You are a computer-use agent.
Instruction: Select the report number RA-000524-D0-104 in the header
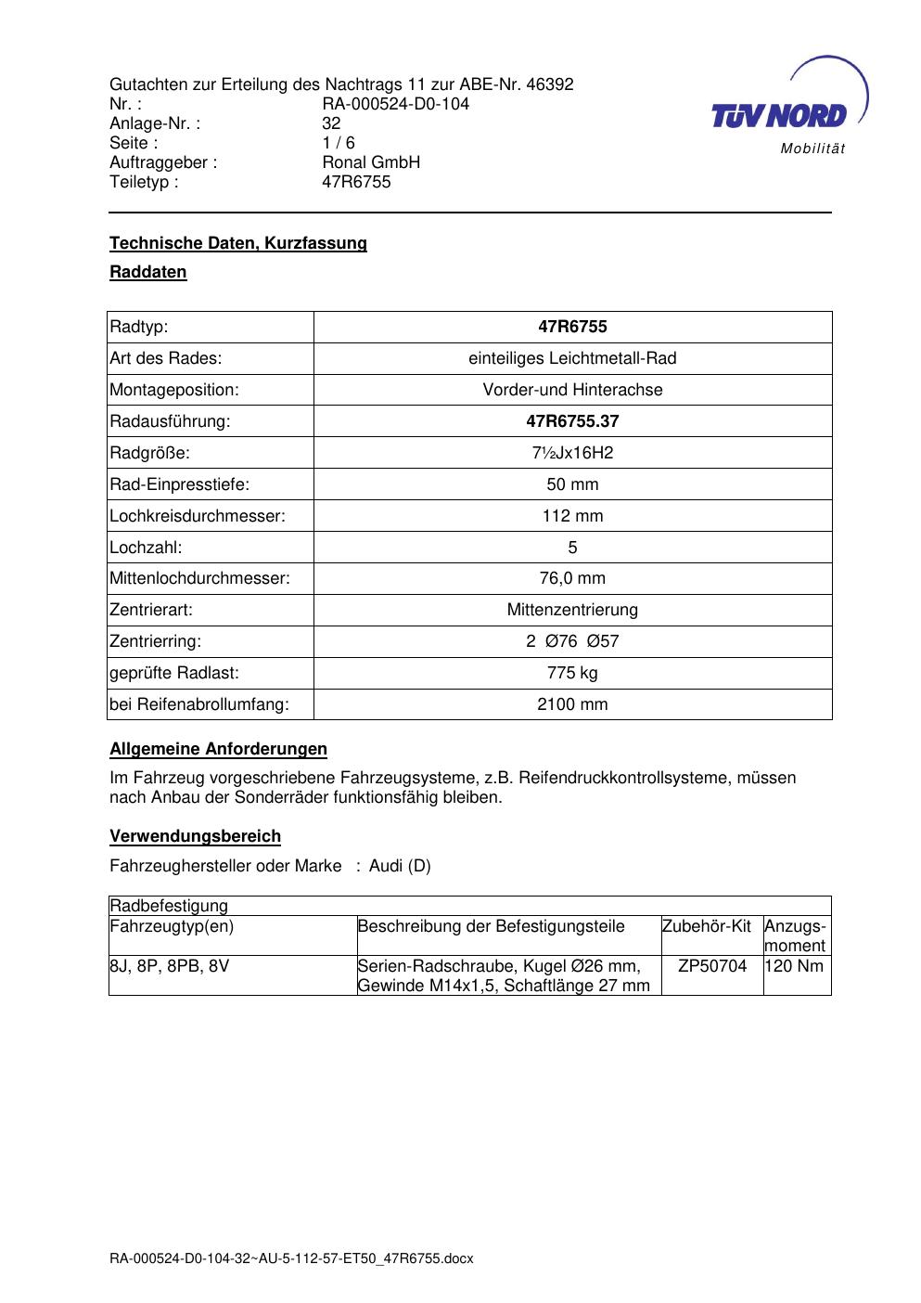tap(395, 104)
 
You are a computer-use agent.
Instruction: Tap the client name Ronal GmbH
tap(371, 162)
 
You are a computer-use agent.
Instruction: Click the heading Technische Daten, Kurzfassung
tap(238, 243)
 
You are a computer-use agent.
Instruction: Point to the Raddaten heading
tap(148, 272)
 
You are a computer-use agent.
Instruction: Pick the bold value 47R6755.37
tap(572, 421)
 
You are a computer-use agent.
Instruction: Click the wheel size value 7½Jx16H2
tap(572, 453)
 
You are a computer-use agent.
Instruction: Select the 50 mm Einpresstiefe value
tap(572, 484)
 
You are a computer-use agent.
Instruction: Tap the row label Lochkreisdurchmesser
tap(198, 516)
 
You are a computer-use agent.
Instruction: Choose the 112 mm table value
tap(572, 516)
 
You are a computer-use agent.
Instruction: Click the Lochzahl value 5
tap(572, 548)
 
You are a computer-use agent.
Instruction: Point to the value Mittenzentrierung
tap(572, 610)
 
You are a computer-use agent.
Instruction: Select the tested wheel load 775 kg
tap(572, 673)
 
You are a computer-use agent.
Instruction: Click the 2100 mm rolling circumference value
tap(572, 704)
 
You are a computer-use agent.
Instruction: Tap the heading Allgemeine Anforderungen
tap(218, 749)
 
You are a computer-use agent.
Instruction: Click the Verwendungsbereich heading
tap(195, 836)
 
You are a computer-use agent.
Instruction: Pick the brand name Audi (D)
tap(400, 866)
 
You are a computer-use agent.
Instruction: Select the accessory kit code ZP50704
tap(712, 966)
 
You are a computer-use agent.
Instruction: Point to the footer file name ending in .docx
tap(291, 1258)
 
